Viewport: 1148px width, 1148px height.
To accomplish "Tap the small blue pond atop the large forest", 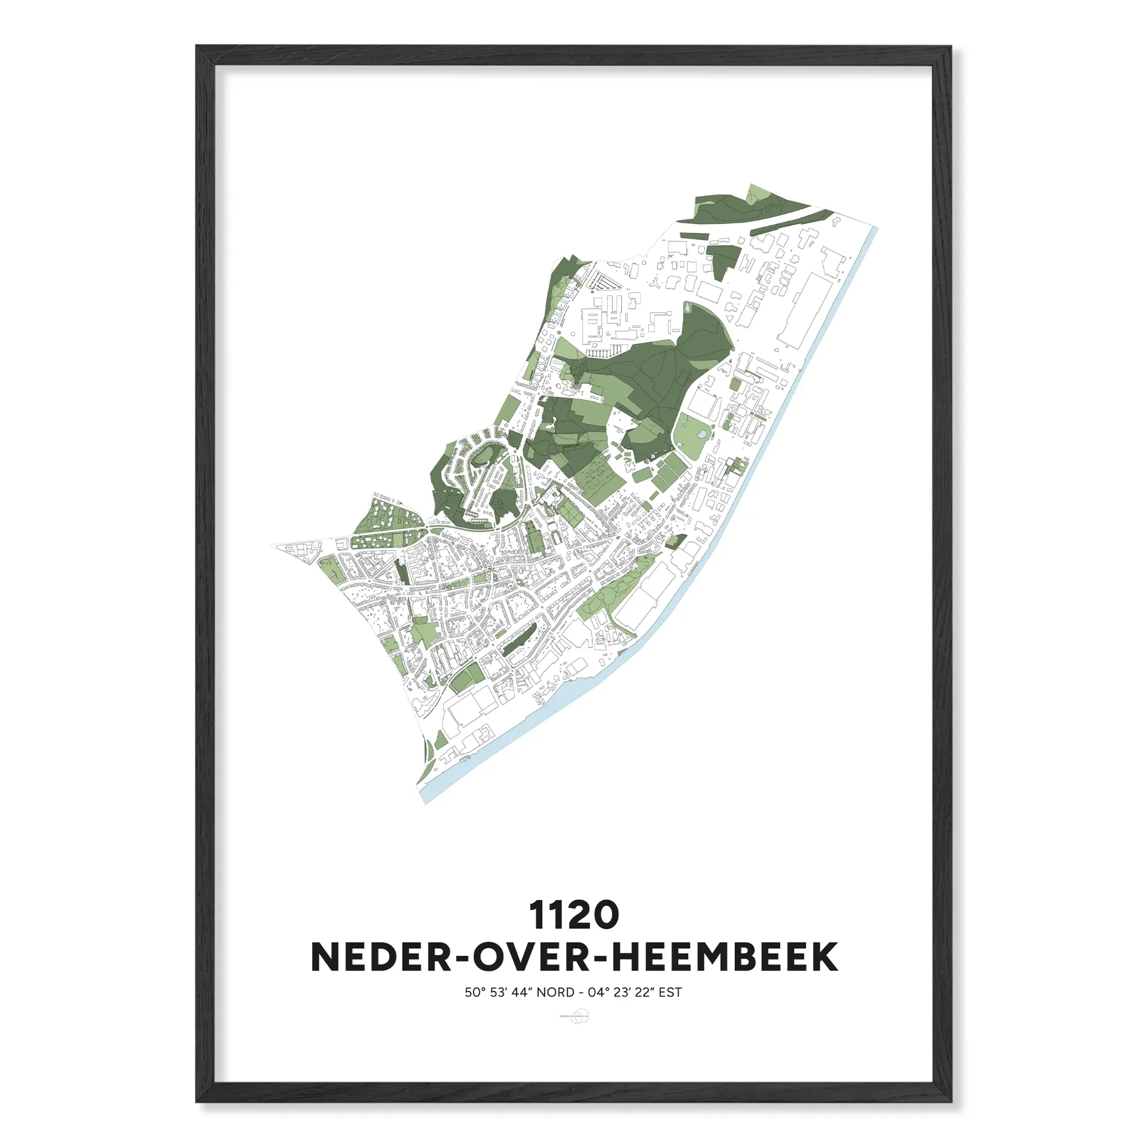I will click(x=686, y=309).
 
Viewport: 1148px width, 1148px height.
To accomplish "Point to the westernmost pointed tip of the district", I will click(x=271, y=546).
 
